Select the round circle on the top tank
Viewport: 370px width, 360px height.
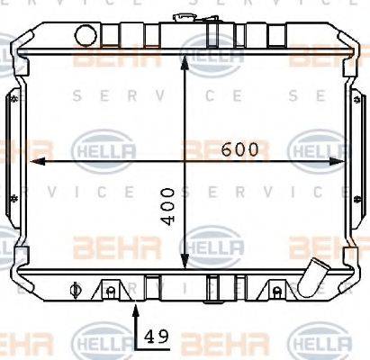pyautogui.click(x=86, y=35)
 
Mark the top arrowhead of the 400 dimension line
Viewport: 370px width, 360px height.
pyautogui.click(x=185, y=47)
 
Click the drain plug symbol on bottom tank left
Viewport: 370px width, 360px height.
pyautogui.click(x=76, y=290)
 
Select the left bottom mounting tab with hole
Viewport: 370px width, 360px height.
pyautogui.click(x=109, y=289)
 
